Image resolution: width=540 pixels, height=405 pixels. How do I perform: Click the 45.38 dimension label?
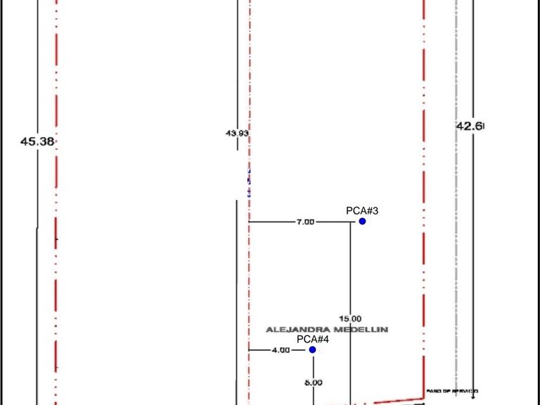37,141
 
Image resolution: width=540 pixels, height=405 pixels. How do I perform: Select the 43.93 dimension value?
237,133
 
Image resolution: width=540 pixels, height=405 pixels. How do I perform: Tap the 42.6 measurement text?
470,127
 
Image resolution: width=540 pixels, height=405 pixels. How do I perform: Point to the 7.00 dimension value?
305,221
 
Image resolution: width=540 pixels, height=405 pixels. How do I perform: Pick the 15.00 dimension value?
351,319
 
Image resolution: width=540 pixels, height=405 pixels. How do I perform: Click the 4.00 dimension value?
280,349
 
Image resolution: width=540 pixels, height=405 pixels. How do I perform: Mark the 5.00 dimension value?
313,382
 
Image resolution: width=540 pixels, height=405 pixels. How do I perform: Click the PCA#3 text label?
363,210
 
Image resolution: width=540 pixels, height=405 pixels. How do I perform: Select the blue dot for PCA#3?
362,221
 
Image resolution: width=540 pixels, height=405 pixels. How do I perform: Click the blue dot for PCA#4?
312,349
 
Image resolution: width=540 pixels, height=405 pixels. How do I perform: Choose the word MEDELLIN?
363,329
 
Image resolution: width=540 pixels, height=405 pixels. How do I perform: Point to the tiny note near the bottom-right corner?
452,390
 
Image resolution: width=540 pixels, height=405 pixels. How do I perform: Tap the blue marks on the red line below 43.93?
249,181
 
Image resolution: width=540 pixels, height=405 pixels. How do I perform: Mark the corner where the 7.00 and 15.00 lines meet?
351,221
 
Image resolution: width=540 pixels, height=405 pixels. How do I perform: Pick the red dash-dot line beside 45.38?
56,211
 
